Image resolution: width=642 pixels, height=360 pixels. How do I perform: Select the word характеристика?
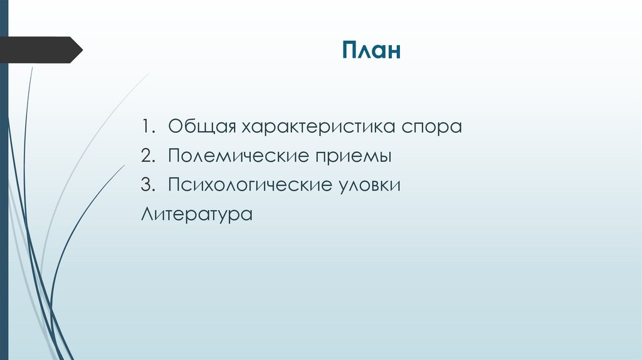point(314,126)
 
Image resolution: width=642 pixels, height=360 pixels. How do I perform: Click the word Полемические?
point(238,156)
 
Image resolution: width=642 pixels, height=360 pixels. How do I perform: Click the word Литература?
point(196,214)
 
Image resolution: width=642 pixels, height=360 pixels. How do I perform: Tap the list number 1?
point(145,126)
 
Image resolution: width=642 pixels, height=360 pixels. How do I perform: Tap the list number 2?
point(146,156)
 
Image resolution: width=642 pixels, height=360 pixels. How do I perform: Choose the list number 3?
point(146,186)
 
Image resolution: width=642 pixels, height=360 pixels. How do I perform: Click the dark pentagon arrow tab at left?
point(38,50)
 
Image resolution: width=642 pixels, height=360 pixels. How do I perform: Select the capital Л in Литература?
point(147,214)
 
